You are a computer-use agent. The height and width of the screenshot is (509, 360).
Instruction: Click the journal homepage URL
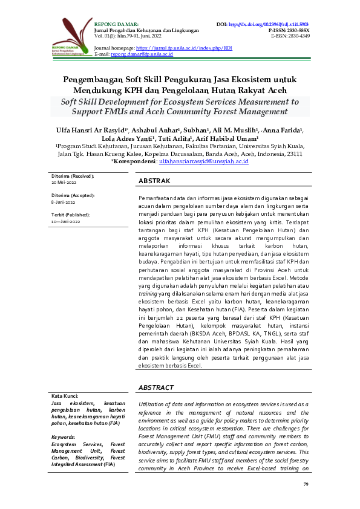pos(184,47)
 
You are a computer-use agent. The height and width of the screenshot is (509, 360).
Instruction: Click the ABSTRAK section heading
pos(154,181)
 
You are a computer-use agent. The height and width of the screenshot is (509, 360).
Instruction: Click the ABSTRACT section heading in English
pos(156,387)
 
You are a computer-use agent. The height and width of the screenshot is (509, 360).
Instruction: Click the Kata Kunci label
pos(65,395)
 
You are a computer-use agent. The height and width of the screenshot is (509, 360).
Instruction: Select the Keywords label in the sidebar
pos(64,436)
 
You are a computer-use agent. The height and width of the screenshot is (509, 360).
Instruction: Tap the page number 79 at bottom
pos(306,485)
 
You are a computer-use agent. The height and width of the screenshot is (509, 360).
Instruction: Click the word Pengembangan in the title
pos(93,79)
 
